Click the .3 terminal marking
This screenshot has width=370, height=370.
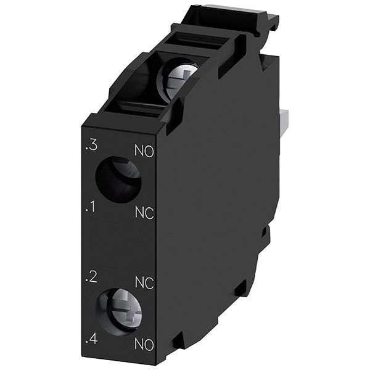(91, 146)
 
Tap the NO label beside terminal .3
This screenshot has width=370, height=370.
(144, 151)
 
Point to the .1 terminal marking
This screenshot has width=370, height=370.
(91, 207)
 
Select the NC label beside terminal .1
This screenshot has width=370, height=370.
(144, 213)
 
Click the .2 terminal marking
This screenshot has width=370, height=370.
(91, 277)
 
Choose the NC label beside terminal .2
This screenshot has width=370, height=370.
(144, 282)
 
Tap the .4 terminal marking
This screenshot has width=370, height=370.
(91, 340)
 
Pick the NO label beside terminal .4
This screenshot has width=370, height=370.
(144, 344)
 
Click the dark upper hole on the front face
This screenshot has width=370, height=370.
(118, 180)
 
